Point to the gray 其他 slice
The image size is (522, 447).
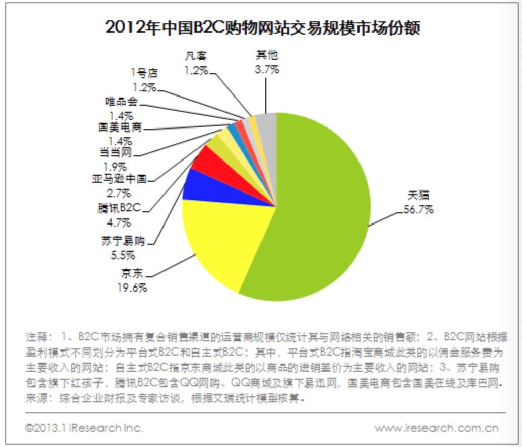tap(267, 124)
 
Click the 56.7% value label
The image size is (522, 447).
tap(418, 209)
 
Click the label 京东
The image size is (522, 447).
tap(132, 275)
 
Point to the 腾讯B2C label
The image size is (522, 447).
tap(119, 208)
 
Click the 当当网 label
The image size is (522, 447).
tap(116, 152)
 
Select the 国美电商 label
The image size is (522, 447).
tap(120, 127)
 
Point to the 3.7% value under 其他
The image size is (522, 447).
tap(267, 70)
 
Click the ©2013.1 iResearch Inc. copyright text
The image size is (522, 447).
tap(84, 428)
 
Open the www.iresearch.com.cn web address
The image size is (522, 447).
tap(437, 428)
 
